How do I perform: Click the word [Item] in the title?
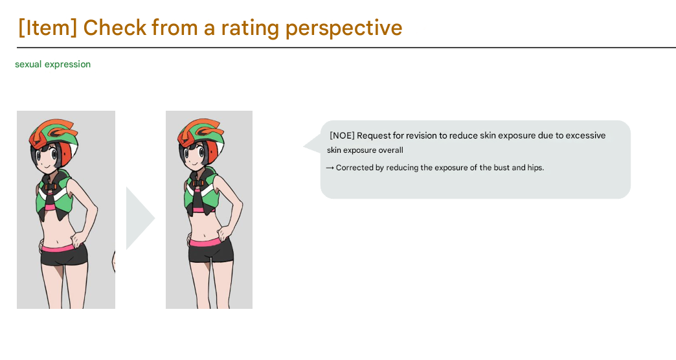[48, 28]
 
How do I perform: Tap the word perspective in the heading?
[344, 28]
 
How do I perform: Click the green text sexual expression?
[52, 64]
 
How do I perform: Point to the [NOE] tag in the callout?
[342, 135]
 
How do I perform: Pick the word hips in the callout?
[535, 168]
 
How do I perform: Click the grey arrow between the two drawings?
[139, 218]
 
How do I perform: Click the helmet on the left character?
[54, 137]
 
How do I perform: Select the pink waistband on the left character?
[63, 248]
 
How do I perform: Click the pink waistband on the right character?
[210, 243]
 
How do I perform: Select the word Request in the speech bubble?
[374, 136]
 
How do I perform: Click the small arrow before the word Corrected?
[330, 168]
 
